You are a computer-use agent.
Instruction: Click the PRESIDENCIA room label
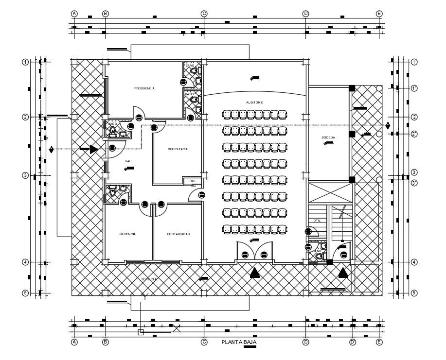click(x=144, y=88)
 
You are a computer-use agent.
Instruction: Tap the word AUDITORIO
click(x=254, y=103)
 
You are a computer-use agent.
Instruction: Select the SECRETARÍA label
click(x=178, y=149)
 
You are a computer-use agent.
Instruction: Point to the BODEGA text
click(x=328, y=137)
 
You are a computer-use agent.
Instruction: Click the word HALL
click(x=128, y=161)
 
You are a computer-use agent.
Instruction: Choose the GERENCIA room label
click(x=127, y=234)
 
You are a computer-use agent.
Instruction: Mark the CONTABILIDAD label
click(x=178, y=234)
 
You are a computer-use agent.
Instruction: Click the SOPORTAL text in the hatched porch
click(x=150, y=279)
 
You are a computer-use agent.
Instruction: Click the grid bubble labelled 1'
click(x=414, y=88)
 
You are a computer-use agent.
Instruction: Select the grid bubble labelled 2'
click(x=414, y=134)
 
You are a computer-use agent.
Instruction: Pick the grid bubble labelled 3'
click(x=414, y=183)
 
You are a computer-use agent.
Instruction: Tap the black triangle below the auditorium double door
click(x=254, y=273)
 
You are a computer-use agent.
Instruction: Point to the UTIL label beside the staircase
click(x=317, y=221)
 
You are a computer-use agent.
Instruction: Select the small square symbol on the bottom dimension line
click(x=141, y=333)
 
